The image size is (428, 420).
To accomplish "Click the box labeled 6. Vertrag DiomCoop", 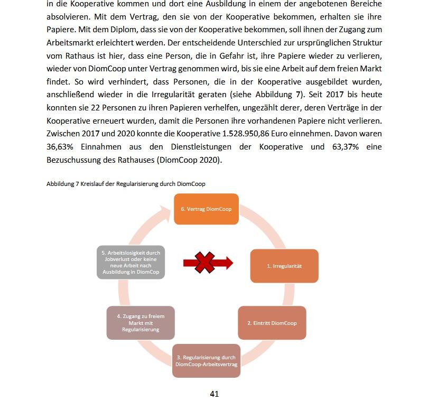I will point(206,209).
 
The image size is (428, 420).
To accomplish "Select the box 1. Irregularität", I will point(284,266).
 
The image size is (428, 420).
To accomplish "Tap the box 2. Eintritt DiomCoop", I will point(272,323).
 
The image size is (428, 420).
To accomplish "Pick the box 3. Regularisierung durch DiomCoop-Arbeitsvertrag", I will point(206,361).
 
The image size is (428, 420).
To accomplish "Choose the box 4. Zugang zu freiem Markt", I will point(141,323).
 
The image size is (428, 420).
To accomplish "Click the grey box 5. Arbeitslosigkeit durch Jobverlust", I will point(131,262).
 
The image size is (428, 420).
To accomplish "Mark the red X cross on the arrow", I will point(205,263).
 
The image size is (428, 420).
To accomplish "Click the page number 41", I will point(214,394).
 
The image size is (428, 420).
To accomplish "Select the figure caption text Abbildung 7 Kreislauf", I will point(126,183).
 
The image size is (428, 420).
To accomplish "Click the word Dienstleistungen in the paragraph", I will point(213,147).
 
